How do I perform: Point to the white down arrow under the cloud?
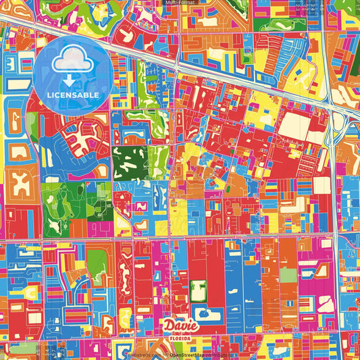(71, 80)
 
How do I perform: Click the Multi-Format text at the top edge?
(180, 3)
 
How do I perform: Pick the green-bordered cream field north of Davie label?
(198, 291)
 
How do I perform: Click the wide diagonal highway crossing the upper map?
(203, 68)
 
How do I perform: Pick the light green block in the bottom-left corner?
(14, 341)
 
